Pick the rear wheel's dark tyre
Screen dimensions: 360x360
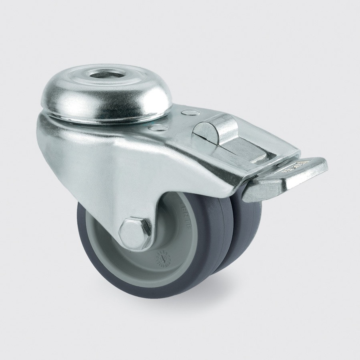(250, 224)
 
